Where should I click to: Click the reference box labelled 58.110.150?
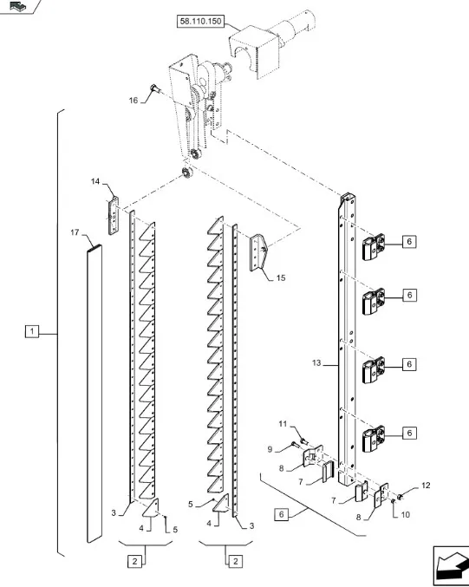pos(200,22)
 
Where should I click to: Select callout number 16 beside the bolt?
pos(134,101)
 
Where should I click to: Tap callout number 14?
pos(95,181)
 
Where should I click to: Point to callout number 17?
pos(75,232)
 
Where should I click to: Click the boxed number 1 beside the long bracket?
pos(32,331)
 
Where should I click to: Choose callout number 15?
pos(281,277)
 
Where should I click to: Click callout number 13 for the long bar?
pos(316,362)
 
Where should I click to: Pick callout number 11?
pos(283,424)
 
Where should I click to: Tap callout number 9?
pos(270,449)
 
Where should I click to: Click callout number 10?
pos(406,515)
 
